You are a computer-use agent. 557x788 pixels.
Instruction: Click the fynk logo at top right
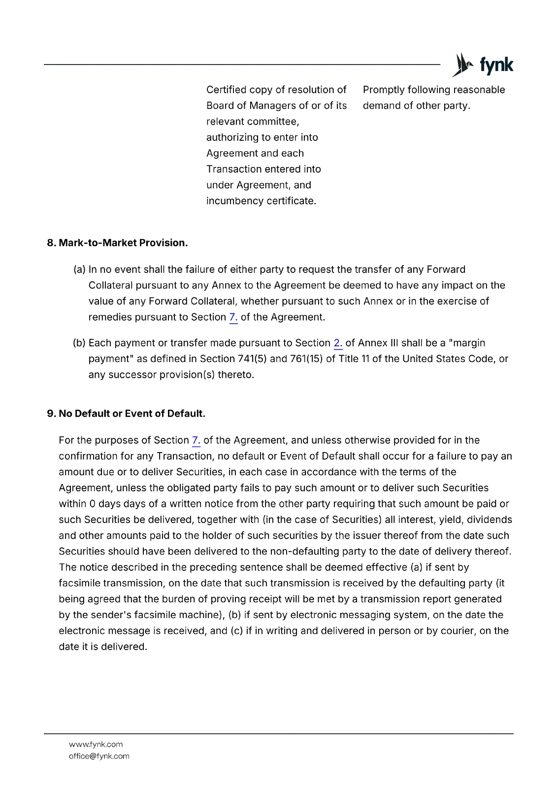point(483,65)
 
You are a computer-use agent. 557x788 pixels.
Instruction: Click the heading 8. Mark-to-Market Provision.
point(117,243)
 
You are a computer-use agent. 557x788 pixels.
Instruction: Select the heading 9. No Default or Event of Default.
point(126,413)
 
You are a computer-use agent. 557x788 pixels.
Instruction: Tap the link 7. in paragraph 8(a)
point(233,317)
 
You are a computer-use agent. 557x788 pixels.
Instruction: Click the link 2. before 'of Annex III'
point(338,343)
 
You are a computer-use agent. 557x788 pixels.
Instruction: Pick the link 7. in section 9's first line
point(196,440)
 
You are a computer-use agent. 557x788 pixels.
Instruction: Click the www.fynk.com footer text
point(96,744)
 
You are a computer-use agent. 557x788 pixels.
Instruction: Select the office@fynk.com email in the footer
point(99,756)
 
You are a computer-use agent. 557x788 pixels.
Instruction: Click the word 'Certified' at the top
point(226,90)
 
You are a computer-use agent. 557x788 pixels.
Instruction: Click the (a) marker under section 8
point(79,269)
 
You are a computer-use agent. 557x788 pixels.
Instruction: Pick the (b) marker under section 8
point(79,343)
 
